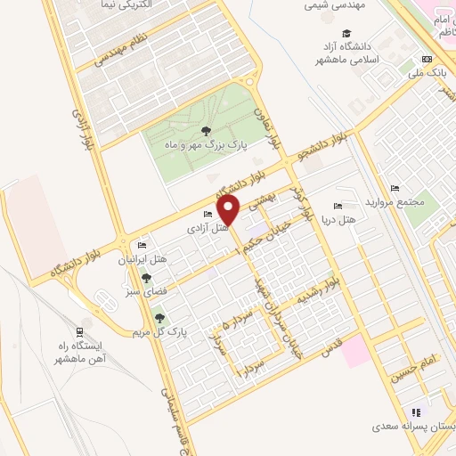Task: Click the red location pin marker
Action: point(229,210)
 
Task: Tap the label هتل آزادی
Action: point(208,227)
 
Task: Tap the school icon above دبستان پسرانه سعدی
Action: point(415,412)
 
